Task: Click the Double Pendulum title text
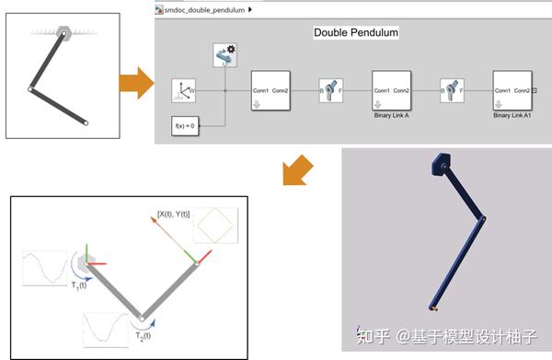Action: point(354,33)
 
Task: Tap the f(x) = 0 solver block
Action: point(186,125)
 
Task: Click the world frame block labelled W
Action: point(185,91)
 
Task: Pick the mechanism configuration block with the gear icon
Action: point(225,56)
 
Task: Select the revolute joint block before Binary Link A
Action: point(331,91)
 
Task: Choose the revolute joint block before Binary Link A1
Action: point(452,91)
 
